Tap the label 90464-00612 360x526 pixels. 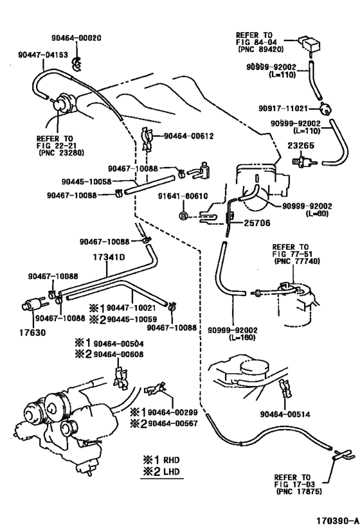188,136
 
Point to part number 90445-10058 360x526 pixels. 87,182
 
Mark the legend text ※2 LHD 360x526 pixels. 162,472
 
